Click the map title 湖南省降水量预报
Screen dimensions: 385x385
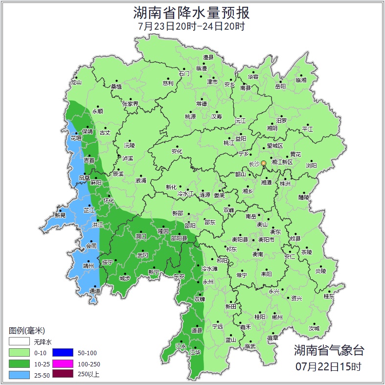coord(192,12)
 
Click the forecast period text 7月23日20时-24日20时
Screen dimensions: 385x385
coord(192,26)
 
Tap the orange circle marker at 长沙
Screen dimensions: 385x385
coord(264,163)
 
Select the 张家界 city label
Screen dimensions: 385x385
coord(130,104)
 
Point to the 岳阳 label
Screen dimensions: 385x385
coord(280,87)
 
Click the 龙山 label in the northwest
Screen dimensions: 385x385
coord(76,82)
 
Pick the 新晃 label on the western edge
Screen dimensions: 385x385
coord(60,215)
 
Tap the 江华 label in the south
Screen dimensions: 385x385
coord(195,352)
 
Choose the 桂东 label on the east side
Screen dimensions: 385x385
coord(329,296)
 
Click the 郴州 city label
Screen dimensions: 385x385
coord(277,317)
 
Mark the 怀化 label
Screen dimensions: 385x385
coord(109,201)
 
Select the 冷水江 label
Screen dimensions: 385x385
coord(186,194)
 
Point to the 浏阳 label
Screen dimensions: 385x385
coord(311,165)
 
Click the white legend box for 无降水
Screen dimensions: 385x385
coord(19,341)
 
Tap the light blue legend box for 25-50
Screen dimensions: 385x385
coord(19,375)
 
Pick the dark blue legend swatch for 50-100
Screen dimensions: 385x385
coord(63,352)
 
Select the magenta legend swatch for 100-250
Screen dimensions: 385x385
coord(63,363)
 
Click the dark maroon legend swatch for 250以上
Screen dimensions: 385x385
coord(63,375)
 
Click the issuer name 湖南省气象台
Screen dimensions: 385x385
coord(329,350)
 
